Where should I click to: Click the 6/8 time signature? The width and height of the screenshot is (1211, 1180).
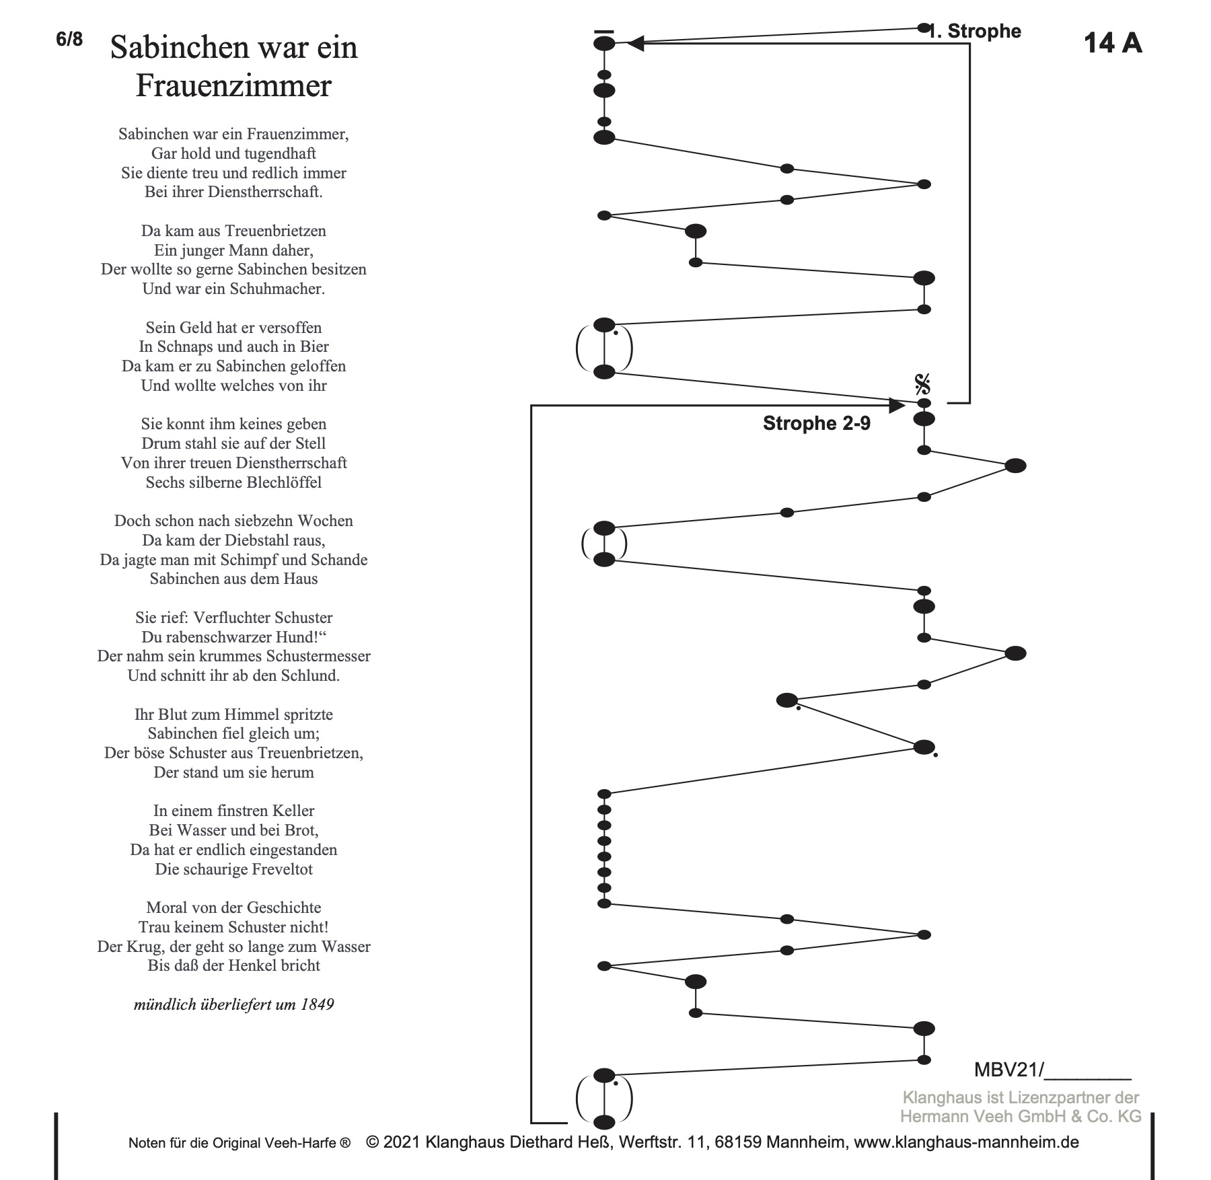coord(69,40)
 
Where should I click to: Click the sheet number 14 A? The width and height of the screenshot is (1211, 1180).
coord(1112,43)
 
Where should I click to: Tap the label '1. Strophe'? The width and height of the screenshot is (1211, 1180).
coord(976,32)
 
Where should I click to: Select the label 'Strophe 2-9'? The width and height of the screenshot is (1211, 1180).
coord(816,423)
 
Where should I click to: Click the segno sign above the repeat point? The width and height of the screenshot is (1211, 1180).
coord(922,385)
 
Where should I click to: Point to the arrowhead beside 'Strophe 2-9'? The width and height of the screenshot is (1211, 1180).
coord(896,406)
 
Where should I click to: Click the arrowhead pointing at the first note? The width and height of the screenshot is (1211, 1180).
coord(636,44)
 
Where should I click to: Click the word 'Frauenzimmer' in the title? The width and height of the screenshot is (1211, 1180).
coord(233,86)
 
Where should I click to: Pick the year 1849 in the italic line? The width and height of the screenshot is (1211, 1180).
coord(318,1004)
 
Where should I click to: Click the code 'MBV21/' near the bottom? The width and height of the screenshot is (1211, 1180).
coord(1008,1070)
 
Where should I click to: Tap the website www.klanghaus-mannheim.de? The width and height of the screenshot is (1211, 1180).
coord(966,1142)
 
